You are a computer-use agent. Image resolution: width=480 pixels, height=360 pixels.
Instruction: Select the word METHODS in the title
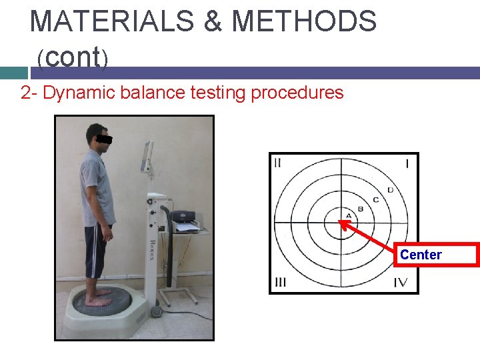tap(303, 21)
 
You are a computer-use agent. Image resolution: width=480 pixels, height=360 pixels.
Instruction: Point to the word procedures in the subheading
tap(297, 93)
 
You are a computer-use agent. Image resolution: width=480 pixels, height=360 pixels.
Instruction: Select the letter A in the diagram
tap(349, 215)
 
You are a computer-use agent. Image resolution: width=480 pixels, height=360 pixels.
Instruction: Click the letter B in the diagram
tap(361, 209)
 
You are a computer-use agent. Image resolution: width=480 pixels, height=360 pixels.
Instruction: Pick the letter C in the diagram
tap(375, 199)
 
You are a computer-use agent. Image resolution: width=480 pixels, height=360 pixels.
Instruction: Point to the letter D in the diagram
tap(390, 190)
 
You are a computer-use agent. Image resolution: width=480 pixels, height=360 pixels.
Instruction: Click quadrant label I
tap(407, 163)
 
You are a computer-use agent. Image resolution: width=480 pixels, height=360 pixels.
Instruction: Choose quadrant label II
tap(277, 162)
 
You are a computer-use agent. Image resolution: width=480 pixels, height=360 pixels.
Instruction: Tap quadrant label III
tap(280, 282)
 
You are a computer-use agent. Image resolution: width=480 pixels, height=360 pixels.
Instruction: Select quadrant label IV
tap(400, 282)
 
